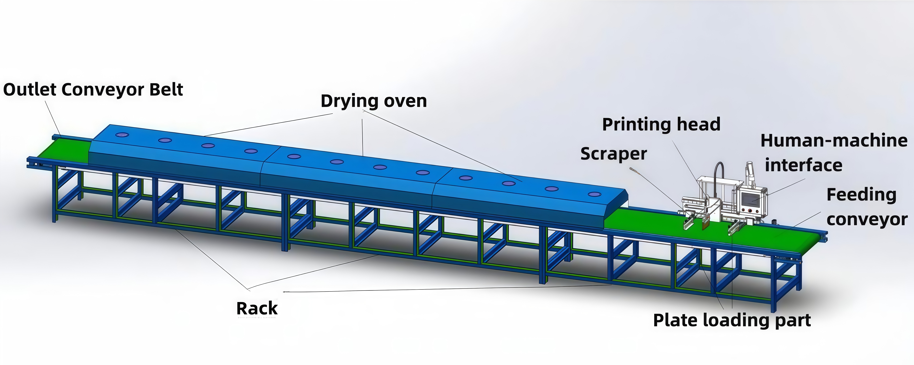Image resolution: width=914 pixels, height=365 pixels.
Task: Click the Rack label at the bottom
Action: [257, 308]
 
